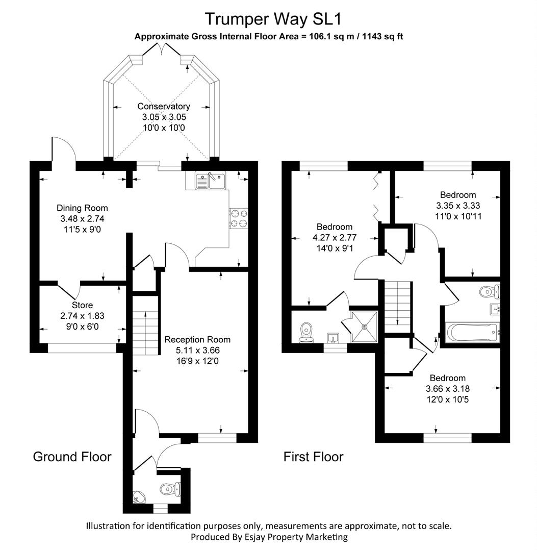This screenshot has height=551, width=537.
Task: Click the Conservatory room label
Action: [164, 106]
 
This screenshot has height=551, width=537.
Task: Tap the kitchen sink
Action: [211, 181]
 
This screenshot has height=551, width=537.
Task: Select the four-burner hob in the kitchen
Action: [239, 218]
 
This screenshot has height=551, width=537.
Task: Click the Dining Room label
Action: [82, 208]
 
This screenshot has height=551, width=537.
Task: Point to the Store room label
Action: [83, 305]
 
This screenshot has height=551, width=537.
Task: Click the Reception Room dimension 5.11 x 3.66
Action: [198, 350]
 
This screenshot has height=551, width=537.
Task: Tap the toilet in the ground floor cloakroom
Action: [170, 489]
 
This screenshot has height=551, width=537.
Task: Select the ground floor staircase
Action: [145, 325]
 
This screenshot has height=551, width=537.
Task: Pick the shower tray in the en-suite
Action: [365, 327]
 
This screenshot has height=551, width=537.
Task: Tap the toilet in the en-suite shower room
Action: [306, 333]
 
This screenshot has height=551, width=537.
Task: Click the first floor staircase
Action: [398, 307]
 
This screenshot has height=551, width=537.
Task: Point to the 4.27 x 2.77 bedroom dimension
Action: [335, 238]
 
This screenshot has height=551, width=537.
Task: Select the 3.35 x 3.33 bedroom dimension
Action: [458, 206]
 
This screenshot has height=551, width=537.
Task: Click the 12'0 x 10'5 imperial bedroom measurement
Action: [447, 399]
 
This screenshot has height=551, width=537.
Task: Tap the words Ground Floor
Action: [72, 457]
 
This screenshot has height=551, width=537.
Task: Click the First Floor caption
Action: [313, 457]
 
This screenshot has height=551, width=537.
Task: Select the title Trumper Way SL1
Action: [273, 19]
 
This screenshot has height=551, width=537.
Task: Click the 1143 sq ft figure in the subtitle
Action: [382, 36]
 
